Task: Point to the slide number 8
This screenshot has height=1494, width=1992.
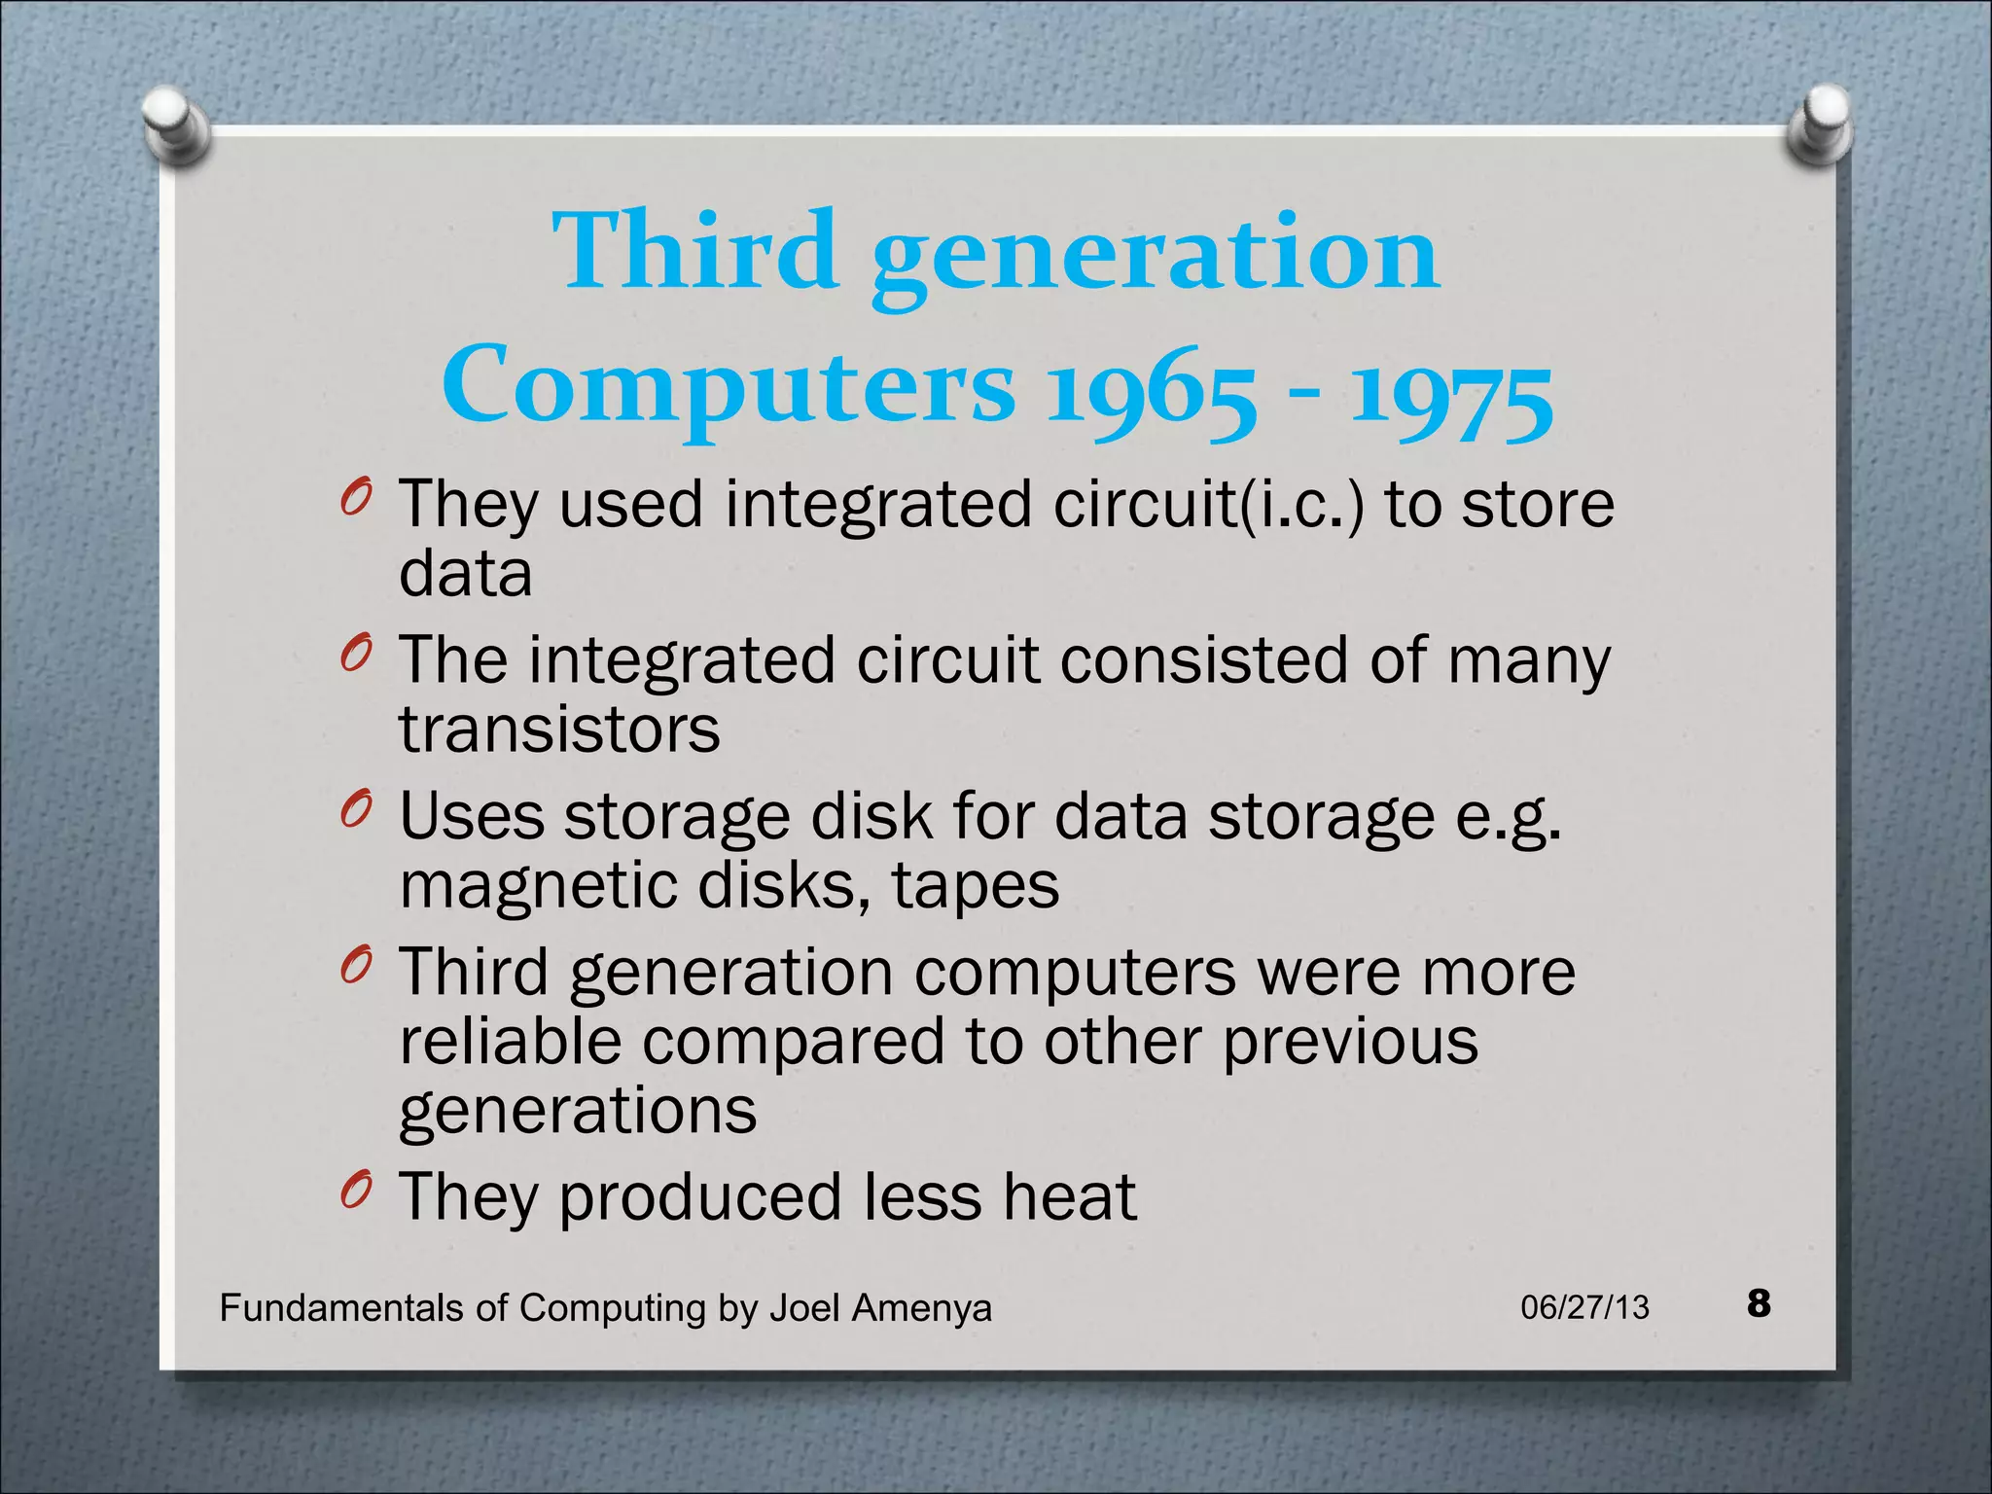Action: pyautogui.click(x=1759, y=1303)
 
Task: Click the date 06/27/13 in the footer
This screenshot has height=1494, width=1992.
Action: pyautogui.click(x=1584, y=1307)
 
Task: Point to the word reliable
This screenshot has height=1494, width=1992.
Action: pyautogui.click(x=510, y=1041)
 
